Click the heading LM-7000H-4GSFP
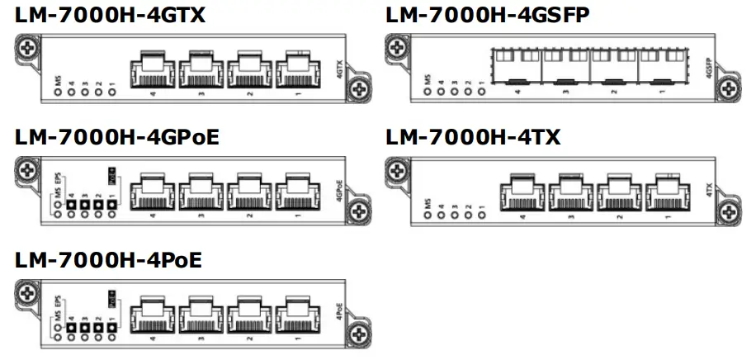click(488, 14)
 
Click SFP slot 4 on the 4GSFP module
click(517, 66)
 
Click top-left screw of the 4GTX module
click(27, 49)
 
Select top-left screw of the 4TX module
click(398, 172)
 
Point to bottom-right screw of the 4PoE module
click(357, 334)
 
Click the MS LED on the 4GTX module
click(58, 91)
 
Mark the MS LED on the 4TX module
click(428, 214)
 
